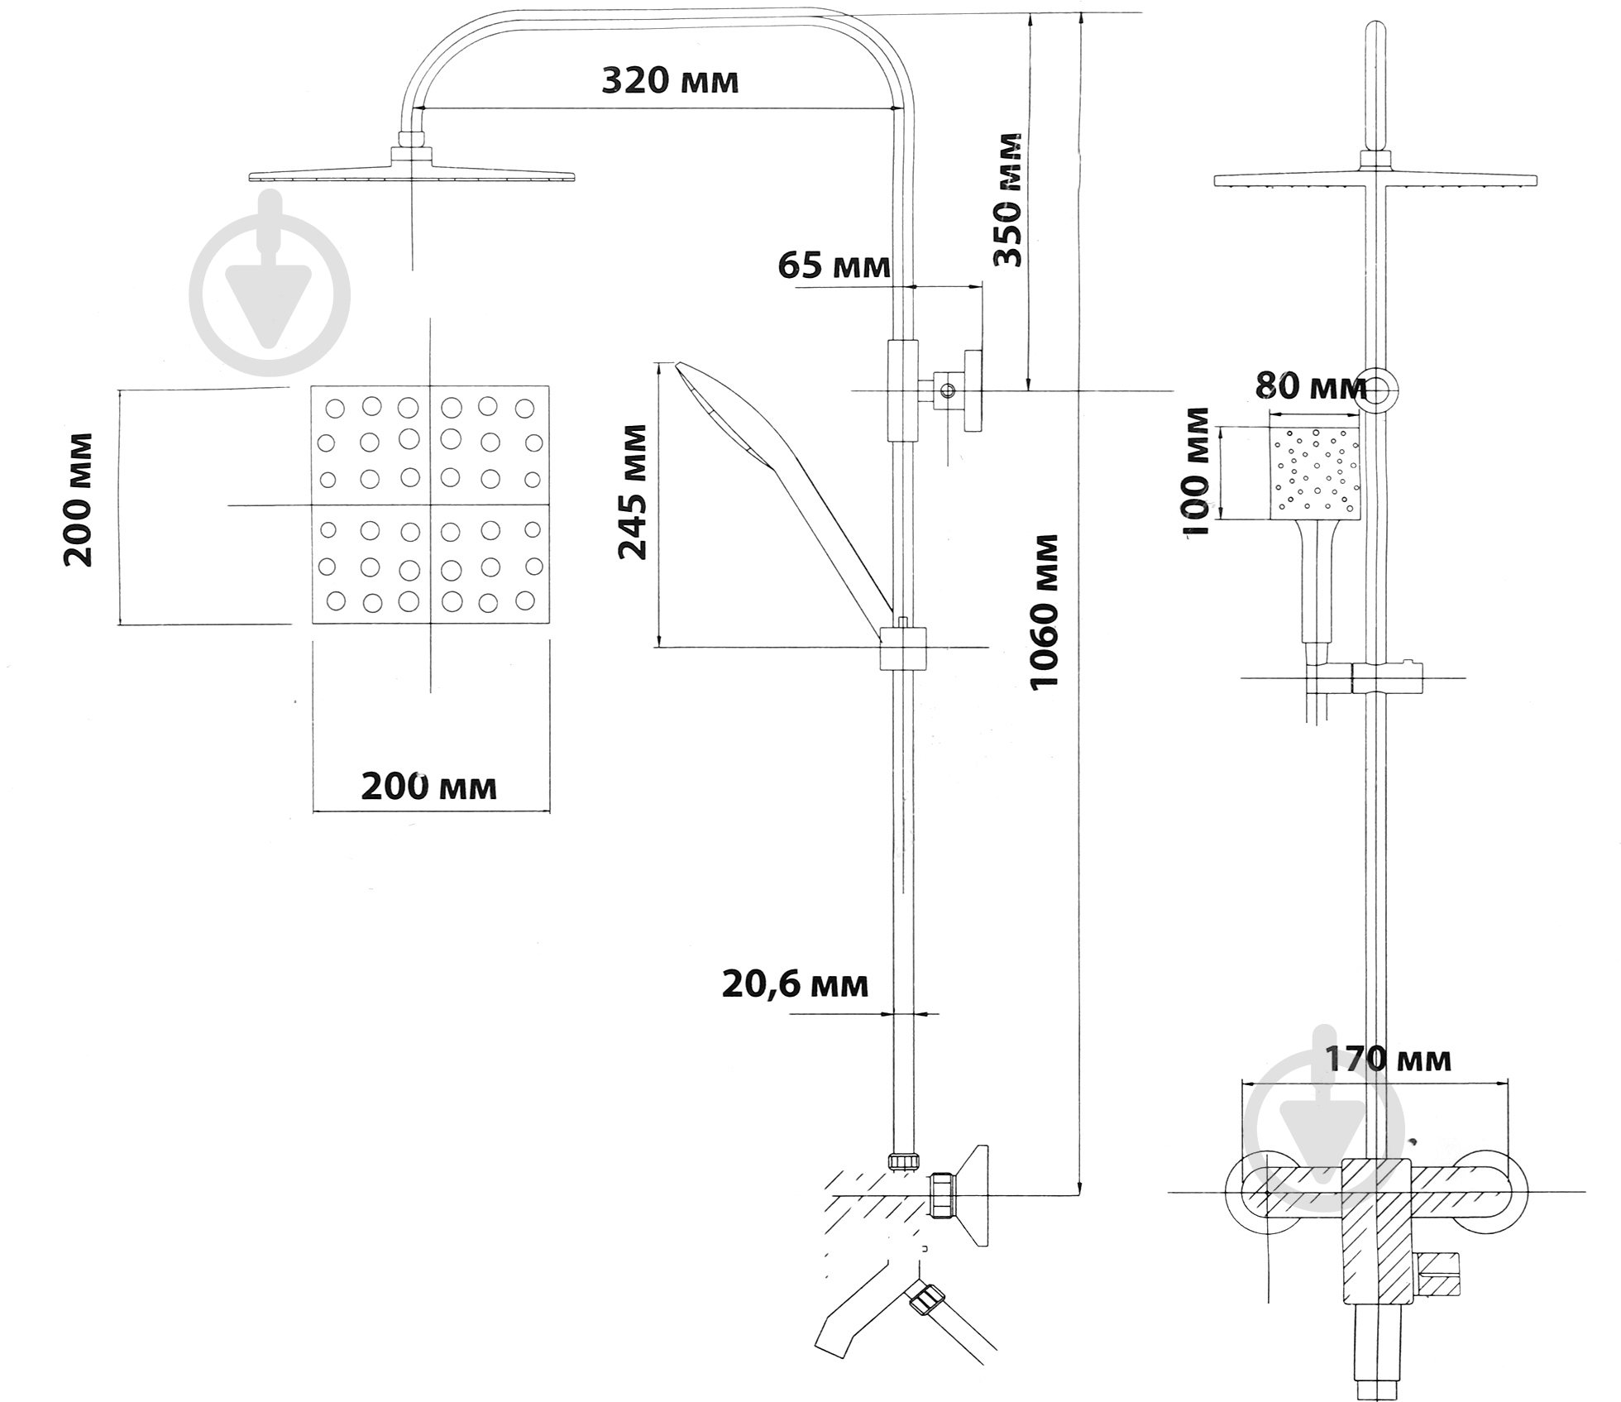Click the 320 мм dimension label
[x=670, y=81]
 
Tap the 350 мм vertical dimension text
[x=1007, y=199]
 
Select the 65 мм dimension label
[x=834, y=266]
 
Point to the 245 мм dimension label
[x=634, y=492]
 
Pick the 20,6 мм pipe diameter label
[x=795, y=984]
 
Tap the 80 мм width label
[x=1311, y=385]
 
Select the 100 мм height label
[x=1197, y=471]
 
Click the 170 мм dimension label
[x=1389, y=1060]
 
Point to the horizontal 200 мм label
[x=429, y=787]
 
